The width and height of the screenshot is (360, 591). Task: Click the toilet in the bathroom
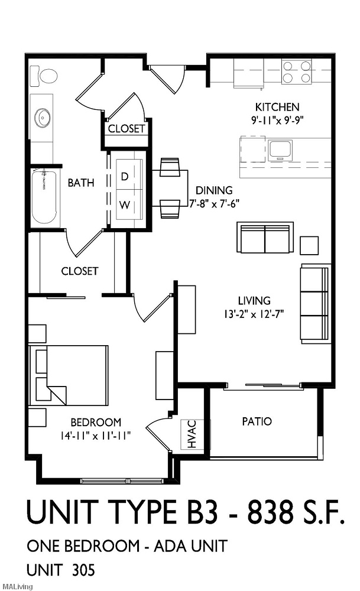[43, 76]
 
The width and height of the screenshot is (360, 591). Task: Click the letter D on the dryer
[124, 176]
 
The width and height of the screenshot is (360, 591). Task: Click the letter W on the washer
[125, 205]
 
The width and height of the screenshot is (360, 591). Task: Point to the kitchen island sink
[281, 150]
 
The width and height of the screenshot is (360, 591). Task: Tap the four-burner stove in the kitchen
[297, 72]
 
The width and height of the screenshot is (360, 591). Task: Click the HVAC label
[192, 434]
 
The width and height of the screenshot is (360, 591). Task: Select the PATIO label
[257, 421]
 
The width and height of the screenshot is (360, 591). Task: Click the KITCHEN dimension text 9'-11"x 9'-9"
[277, 120]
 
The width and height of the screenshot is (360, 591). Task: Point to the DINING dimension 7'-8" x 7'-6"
[214, 204]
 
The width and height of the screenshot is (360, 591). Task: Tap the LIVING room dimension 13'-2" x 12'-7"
[254, 313]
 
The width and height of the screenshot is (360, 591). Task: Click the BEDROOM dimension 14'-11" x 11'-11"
[95, 436]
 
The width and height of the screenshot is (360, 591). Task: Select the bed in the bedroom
[69, 375]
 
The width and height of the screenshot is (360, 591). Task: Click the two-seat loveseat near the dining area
[265, 238]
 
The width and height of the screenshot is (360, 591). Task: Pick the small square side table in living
[309, 246]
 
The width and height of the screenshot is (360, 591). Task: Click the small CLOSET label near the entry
[127, 129]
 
